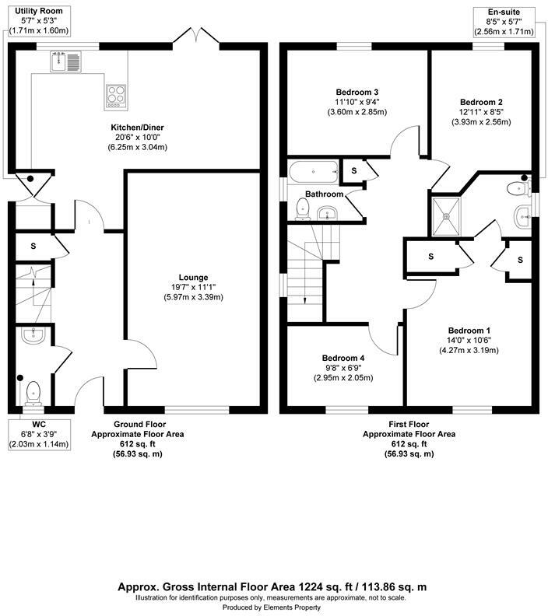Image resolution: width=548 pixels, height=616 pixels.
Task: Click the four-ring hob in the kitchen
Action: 115,95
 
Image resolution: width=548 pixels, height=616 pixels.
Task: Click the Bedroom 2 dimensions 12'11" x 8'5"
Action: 480,112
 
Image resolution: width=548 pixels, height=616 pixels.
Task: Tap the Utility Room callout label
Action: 31,10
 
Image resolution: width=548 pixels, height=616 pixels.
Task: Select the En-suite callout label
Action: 503,11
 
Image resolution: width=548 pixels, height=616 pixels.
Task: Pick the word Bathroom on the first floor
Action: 324,194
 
